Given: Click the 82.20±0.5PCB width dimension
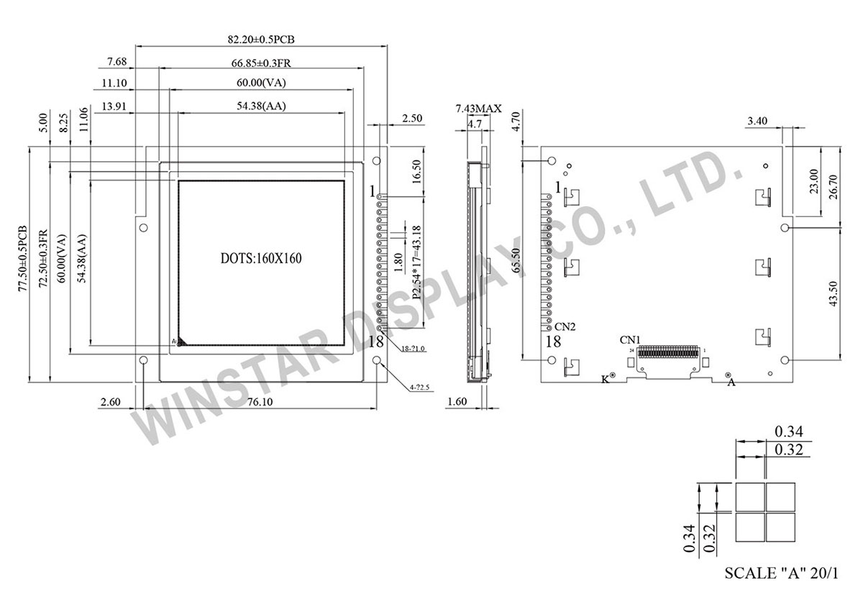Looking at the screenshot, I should [x=261, y=40].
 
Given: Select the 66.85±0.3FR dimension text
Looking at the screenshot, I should [x=261, y=63].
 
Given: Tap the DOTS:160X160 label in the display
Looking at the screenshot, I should [x=260, y=258].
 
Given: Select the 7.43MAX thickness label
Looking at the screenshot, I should [x=478, y=109].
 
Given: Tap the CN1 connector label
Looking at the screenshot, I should [x=631, y=338].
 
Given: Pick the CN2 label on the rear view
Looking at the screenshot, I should [x=565, y=326].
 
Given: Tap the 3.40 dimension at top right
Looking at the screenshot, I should [x=761, y=122].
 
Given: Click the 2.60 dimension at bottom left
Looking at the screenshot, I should [x=111, y=403].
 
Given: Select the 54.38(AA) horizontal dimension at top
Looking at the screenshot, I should [x=261, y=106].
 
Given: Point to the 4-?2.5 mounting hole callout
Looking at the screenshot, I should [x=421, y=388].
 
